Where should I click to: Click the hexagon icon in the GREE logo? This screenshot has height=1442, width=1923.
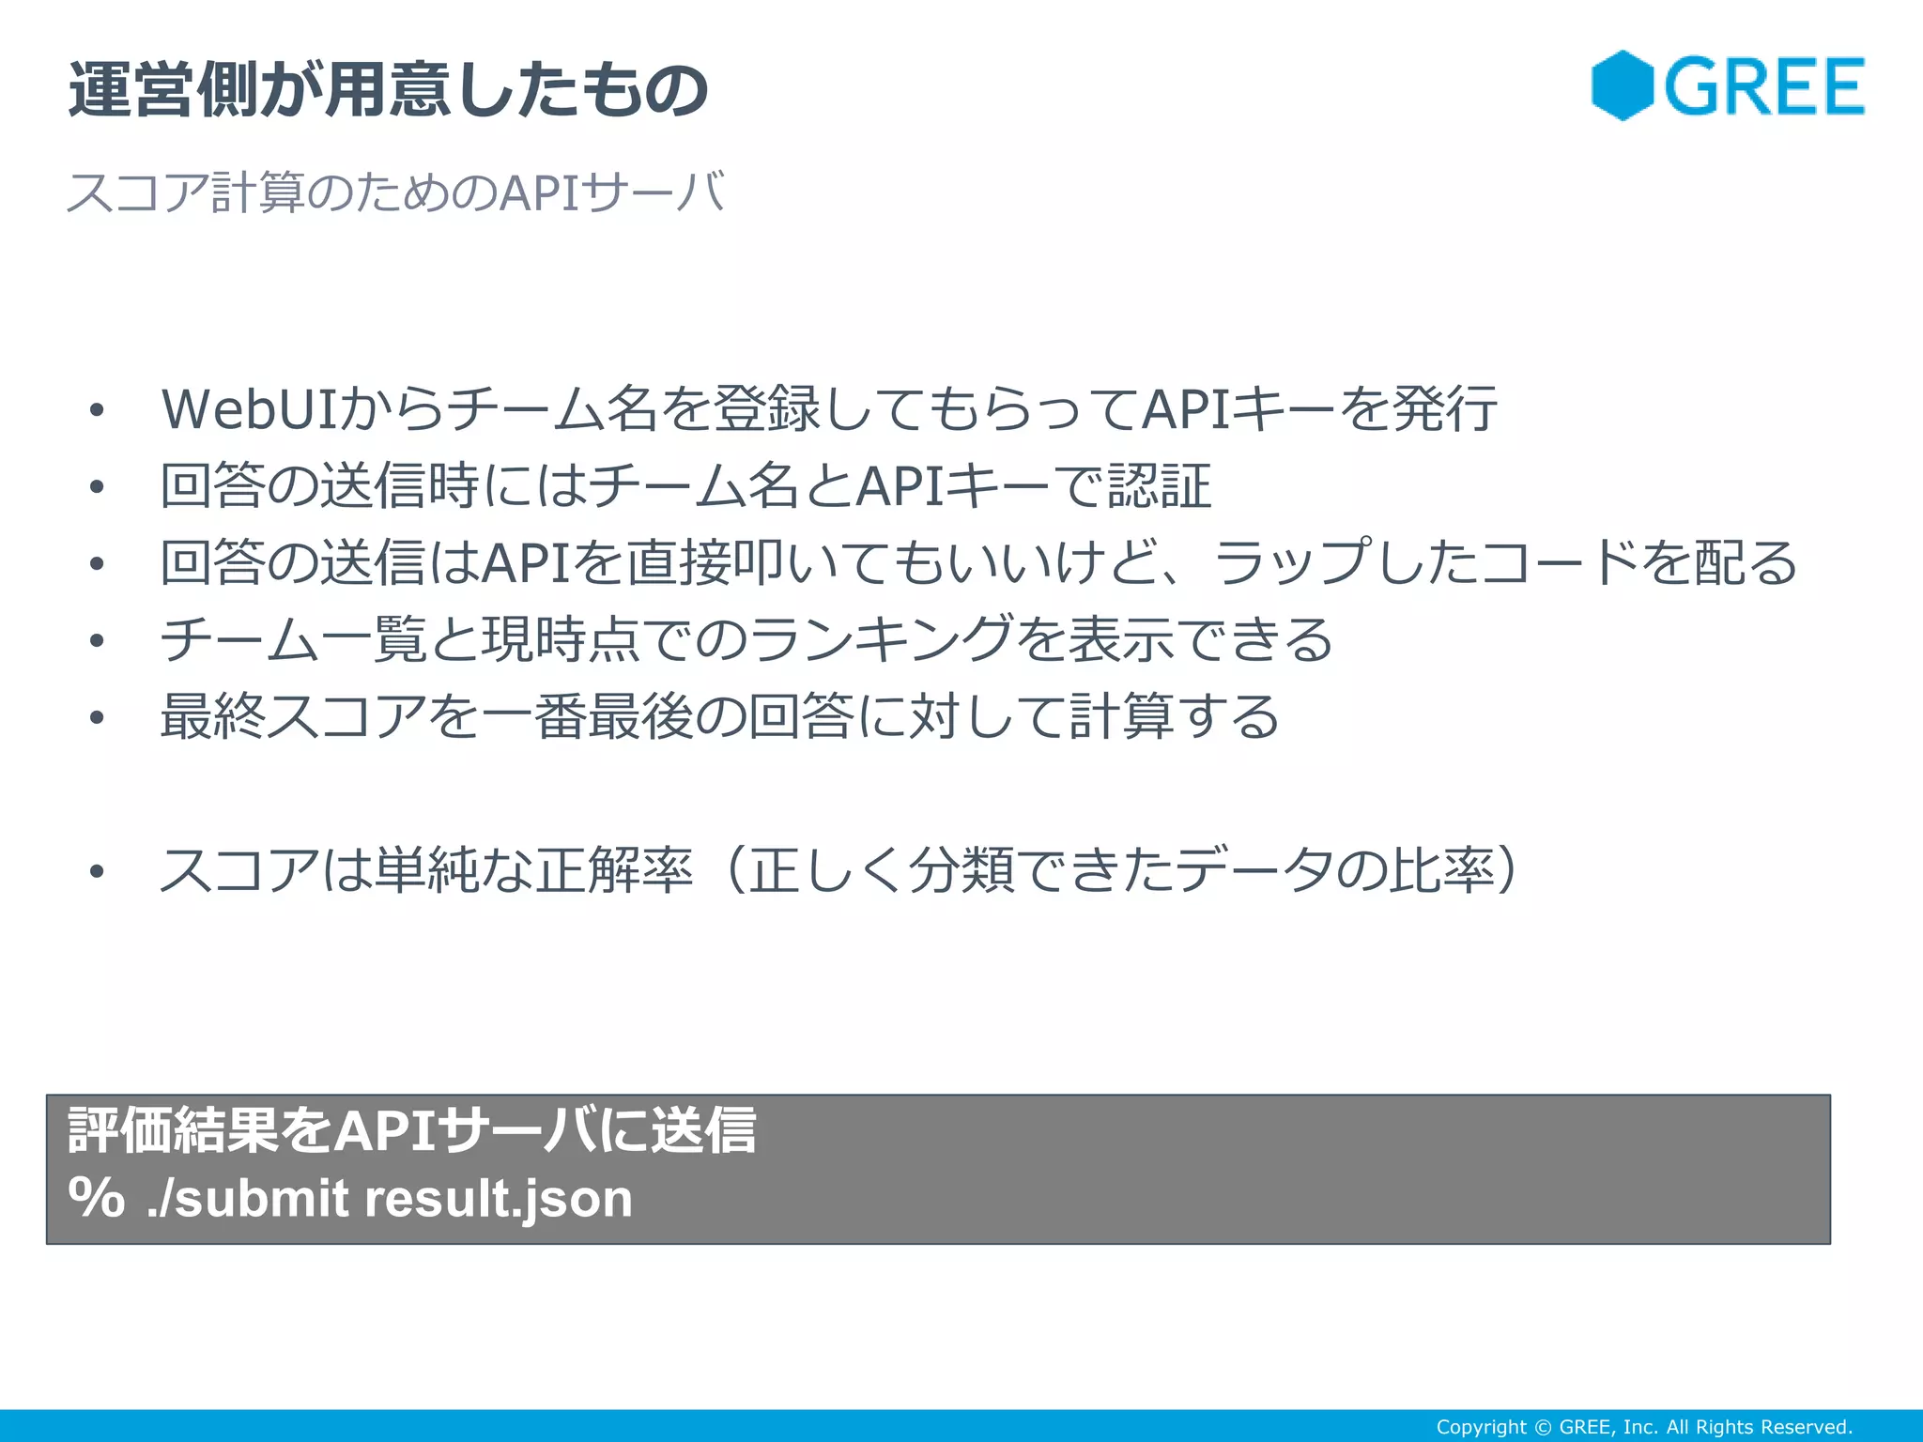tap(1622, 85)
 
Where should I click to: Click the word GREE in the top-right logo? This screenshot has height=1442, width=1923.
tap(1764, 87)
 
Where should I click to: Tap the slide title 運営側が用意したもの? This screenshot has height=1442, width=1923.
tap(389, 90)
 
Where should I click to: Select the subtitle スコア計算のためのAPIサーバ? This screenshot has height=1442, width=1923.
tap(395, 192)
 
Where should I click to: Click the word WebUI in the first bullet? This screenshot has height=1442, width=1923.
tap(250, 409)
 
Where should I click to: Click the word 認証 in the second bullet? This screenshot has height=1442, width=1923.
tap(1159, 486)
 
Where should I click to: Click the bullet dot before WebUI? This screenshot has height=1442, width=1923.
tap(97, 410)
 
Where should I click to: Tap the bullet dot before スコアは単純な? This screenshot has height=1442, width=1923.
tap(97, 871)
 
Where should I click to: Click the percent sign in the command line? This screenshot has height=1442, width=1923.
tap(96, 1198)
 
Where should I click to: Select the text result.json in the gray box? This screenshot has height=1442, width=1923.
tap(498, 1199)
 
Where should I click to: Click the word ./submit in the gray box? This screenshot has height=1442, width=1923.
tap(248, 1199)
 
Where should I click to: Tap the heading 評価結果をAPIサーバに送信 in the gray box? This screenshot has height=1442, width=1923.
tap(412, 1129)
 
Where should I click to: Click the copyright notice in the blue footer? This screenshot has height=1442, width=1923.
tap(1643, 1427)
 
